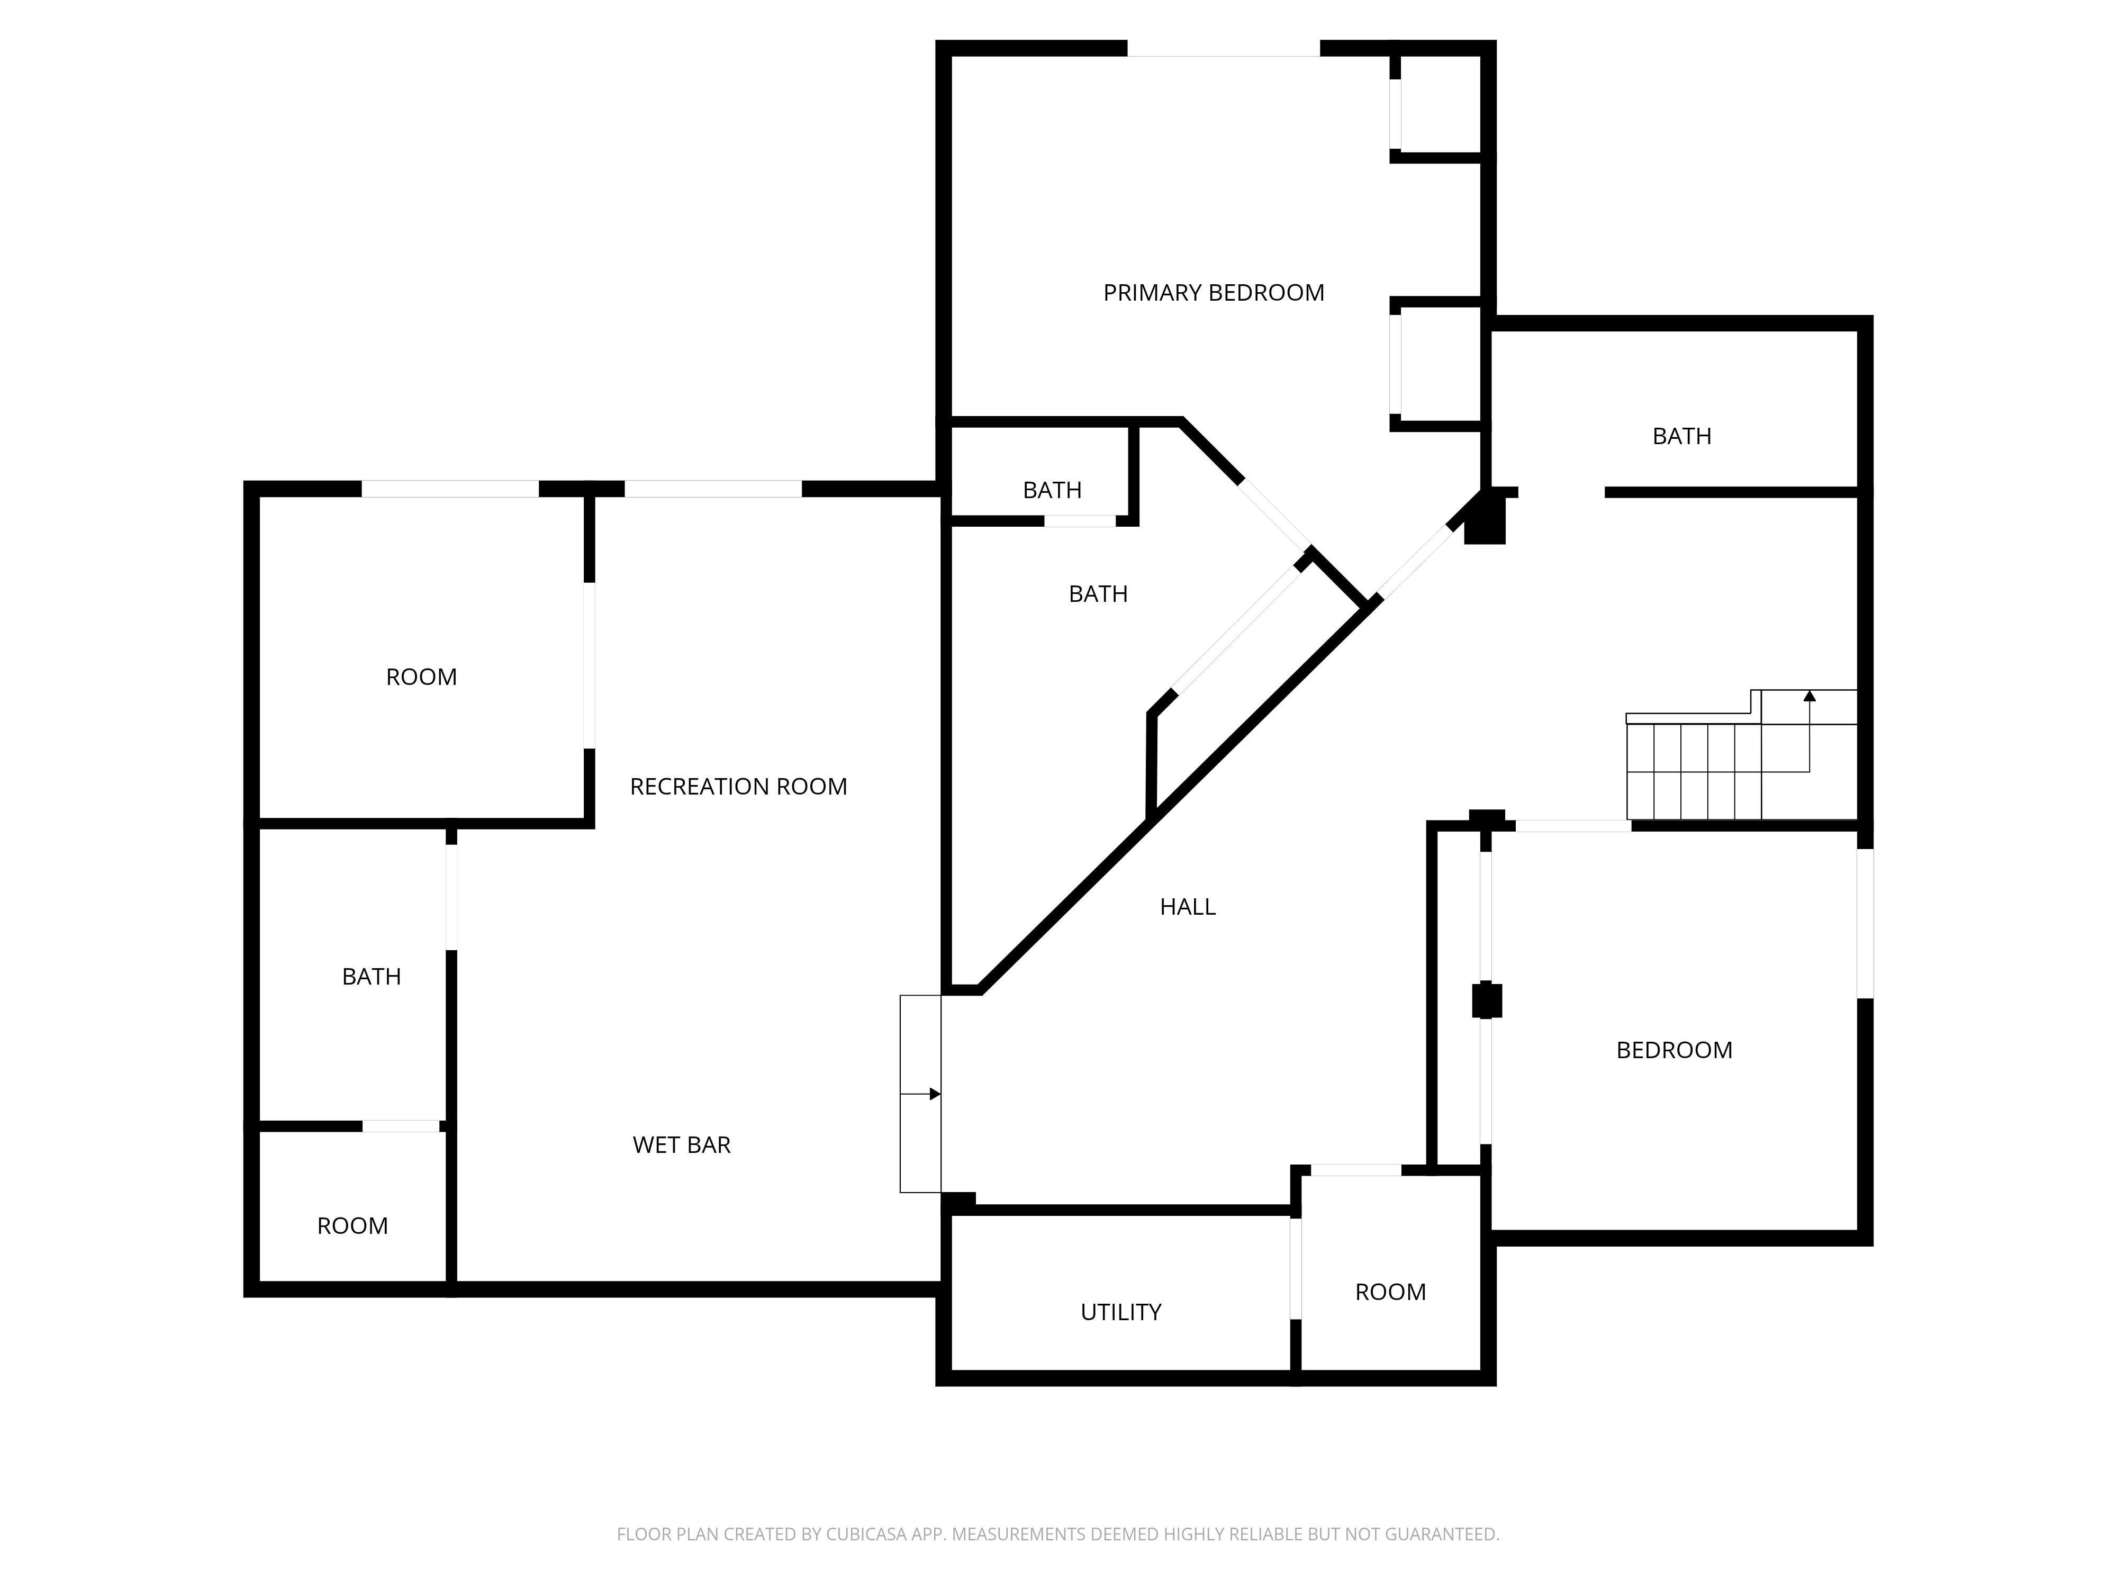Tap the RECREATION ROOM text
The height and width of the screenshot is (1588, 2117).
tap(738, 787)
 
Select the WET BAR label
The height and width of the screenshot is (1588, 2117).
tap(682, 1145)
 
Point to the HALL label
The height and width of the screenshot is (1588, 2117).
tap(1187, 906)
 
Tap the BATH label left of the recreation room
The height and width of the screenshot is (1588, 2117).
tap(372, 976)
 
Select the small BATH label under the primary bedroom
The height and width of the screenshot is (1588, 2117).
tap(1051, 490)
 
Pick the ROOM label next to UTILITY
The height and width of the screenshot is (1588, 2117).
tap(1390, 1292)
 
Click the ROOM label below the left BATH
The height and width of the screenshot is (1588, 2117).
tap(352, 1226)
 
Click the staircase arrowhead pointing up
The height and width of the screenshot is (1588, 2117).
tap(1809, 697)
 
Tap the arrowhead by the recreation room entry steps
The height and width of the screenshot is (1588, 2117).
tap(935, 1094)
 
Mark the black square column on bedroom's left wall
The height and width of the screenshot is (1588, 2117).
tap(1486, 1000)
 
